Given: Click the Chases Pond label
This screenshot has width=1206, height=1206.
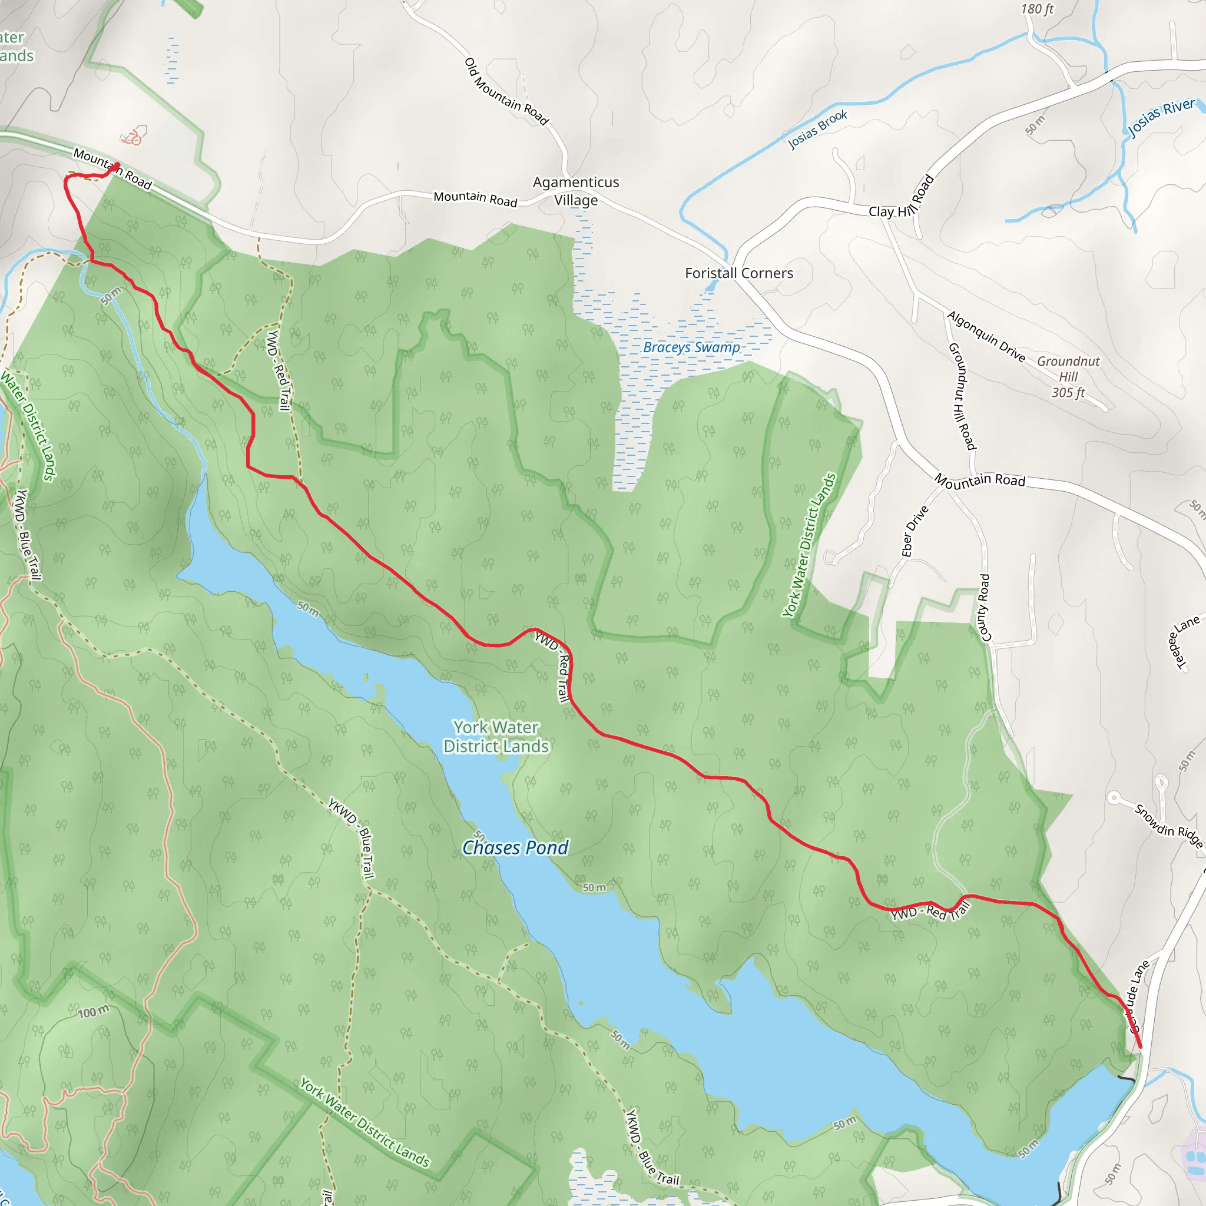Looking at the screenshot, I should pos(515,848).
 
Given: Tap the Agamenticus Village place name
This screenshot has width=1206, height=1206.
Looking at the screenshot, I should pos(575,191).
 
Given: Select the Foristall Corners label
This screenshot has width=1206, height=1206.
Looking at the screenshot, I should pos(739,273).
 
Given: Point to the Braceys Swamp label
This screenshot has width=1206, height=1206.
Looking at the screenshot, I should pos(692,347).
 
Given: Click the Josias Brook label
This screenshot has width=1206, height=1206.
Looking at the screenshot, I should pos(818,129).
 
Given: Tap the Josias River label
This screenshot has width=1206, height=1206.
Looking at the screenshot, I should pos(1161,117).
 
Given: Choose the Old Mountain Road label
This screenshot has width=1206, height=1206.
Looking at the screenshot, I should pos(506,92).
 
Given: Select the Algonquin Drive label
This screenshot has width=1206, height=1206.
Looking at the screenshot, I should pos(986,336).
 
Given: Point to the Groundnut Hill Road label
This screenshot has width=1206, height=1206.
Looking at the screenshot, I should pos(962,396).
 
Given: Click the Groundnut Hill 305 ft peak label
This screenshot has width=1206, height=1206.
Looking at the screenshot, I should pos(1068,376).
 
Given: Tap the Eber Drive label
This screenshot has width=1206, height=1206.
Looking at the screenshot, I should pos(915,531).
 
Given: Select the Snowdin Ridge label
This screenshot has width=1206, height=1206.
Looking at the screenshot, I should pos(1168,826).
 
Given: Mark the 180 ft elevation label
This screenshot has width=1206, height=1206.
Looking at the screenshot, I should pos(1037,9).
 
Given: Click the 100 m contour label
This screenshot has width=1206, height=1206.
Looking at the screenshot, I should pos(94,1012).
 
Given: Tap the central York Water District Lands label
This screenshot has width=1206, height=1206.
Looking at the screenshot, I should pos(496,737).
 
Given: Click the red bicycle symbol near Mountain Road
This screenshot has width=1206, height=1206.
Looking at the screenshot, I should pos(132,137).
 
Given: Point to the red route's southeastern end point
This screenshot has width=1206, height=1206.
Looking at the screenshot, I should pos(1141,1047).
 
